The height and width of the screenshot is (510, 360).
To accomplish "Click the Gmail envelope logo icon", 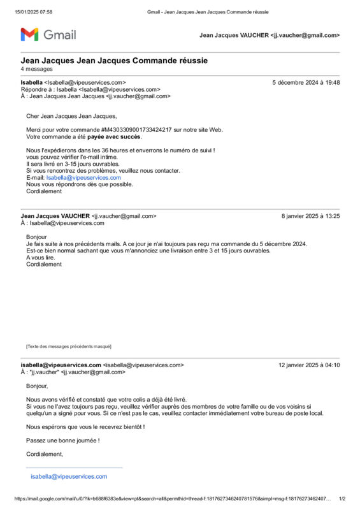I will tap(29, 34).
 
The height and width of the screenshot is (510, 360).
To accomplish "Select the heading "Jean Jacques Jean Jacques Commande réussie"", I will tap(114, 61).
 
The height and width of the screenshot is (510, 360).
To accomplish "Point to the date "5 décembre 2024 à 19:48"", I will tap(306, 82).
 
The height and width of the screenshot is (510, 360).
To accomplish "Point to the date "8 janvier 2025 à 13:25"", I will tap(310, 216).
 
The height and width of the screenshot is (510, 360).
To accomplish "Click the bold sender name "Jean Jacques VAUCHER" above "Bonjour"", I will tap(55, 216).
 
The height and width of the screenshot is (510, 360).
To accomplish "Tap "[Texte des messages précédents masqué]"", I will tap(68, 346).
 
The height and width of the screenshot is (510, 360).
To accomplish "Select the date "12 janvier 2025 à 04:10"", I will tap(309, 365).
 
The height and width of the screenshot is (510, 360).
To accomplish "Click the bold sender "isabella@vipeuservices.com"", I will tap(61, 365).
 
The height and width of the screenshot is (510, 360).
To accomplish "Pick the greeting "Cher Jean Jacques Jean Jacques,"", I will tap(71, 116).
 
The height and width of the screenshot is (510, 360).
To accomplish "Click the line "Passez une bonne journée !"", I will tap(62, 440).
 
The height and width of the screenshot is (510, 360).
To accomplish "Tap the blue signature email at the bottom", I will tap(69, 476).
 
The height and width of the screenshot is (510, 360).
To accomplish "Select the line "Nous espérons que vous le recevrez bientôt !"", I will tap(85, 426).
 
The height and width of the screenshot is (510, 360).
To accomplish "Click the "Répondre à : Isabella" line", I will tap(90, 90).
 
